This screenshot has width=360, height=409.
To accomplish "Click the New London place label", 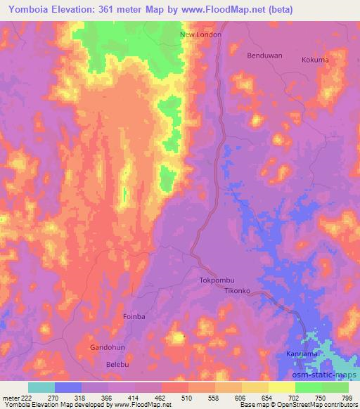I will [x=201, y=34].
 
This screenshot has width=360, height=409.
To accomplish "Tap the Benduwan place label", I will [x=264, y=54].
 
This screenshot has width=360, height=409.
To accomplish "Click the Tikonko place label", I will [x=238, y=290].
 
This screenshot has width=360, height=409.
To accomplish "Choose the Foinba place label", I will [x=134, y=317].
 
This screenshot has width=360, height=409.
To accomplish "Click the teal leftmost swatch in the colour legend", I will [x=41, y=387].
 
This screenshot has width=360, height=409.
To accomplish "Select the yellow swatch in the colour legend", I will [x=282, y=387].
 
